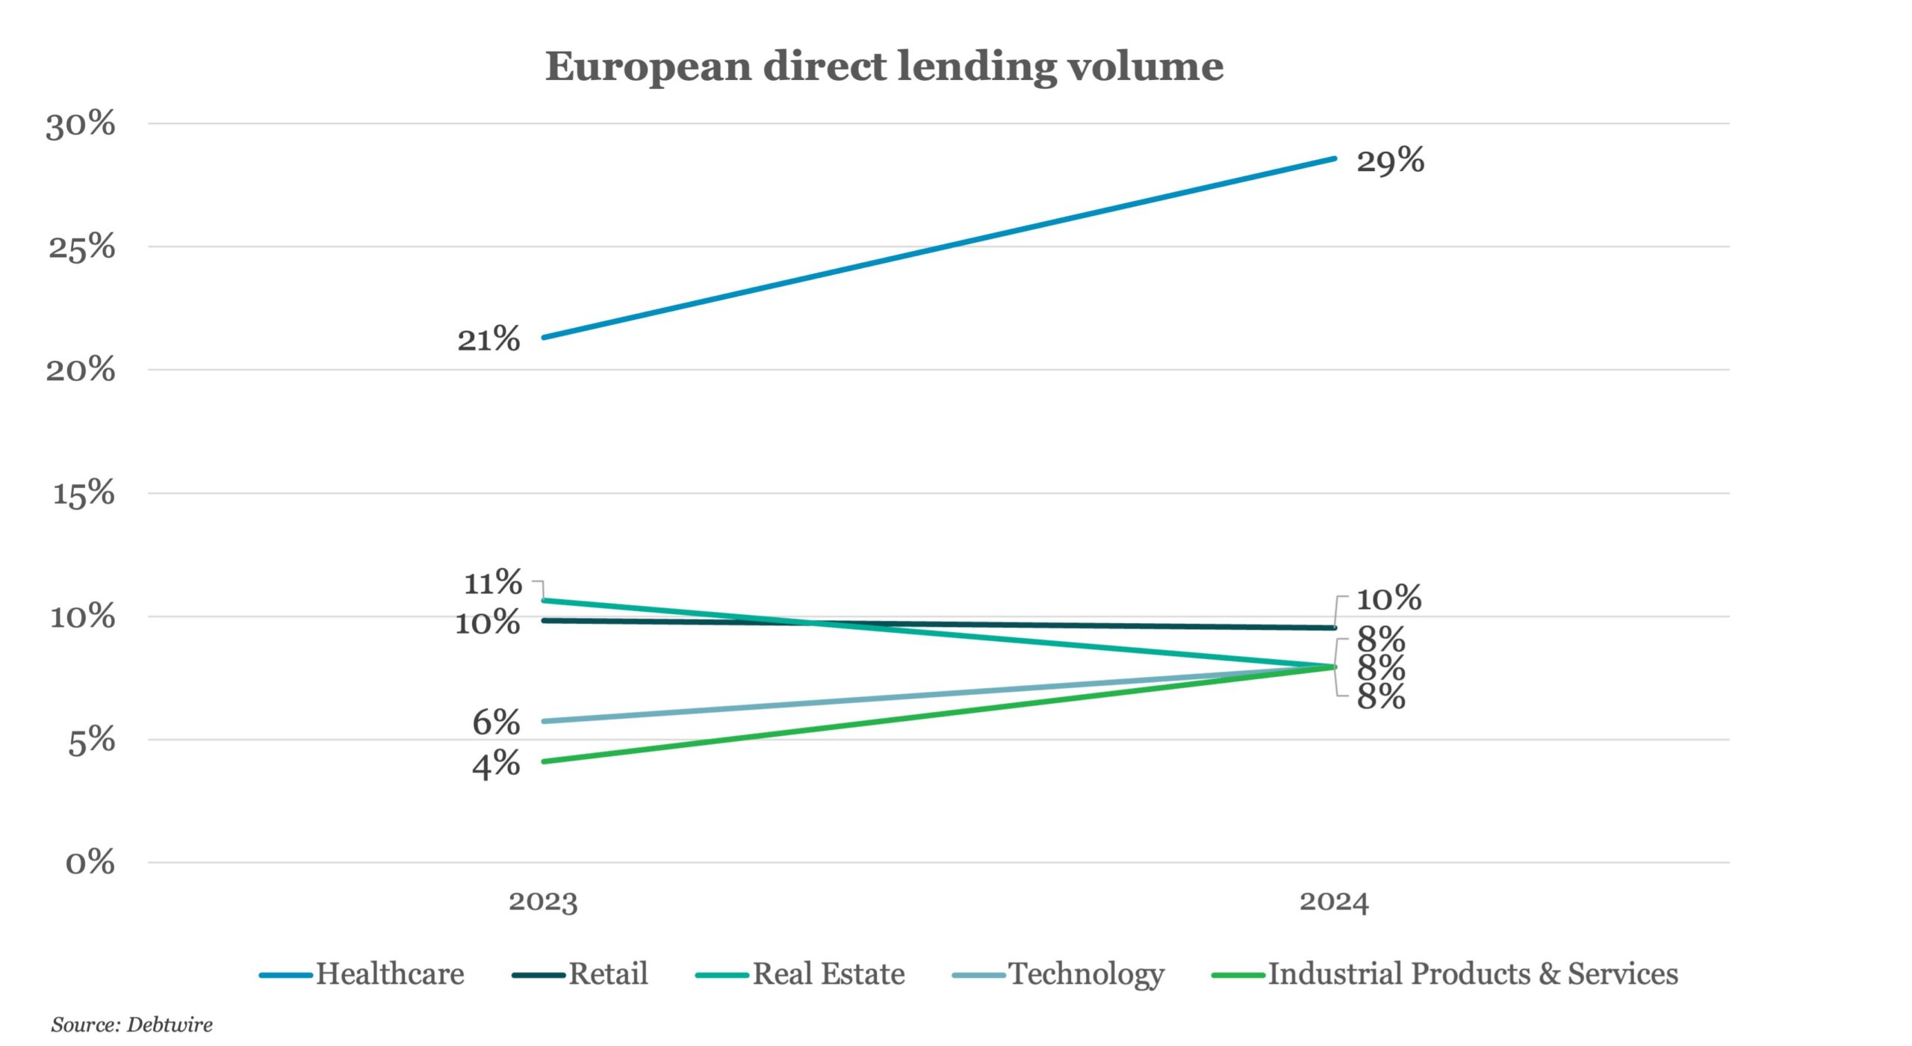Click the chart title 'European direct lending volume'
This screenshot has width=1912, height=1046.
click(x=884, y=67)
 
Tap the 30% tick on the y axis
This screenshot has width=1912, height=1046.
click(x=81, y=124)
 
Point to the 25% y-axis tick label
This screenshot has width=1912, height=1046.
click(x=82, y=247)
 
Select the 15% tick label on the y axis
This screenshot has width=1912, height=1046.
click(x=84, y=494)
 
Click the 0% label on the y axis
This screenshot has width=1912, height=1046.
click(x=90, y=863)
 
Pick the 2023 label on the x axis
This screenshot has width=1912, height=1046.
click(x=543, y=902)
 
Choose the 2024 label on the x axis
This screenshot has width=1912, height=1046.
click(x=1334, y=902)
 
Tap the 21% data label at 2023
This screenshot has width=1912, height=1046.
click(x=488, y=340)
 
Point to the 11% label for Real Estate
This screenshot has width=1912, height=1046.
click(x=493, y=583)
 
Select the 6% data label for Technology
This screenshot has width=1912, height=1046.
click(x=496, y=722)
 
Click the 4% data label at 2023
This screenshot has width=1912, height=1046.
click(x=496, y=764)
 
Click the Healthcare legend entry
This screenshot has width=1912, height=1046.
click(x=361, y=975)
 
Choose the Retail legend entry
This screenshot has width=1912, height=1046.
click(x=580, y=975)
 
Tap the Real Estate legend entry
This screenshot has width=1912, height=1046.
click(x=800, y=975)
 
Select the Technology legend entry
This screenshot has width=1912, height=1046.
click(x=1058, y=975)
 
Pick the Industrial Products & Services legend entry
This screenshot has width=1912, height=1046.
click(x=1444, y=975)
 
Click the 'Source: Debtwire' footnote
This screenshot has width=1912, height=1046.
click(x=131, y=1024)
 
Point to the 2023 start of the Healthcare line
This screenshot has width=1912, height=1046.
click(x=544, y=338)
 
